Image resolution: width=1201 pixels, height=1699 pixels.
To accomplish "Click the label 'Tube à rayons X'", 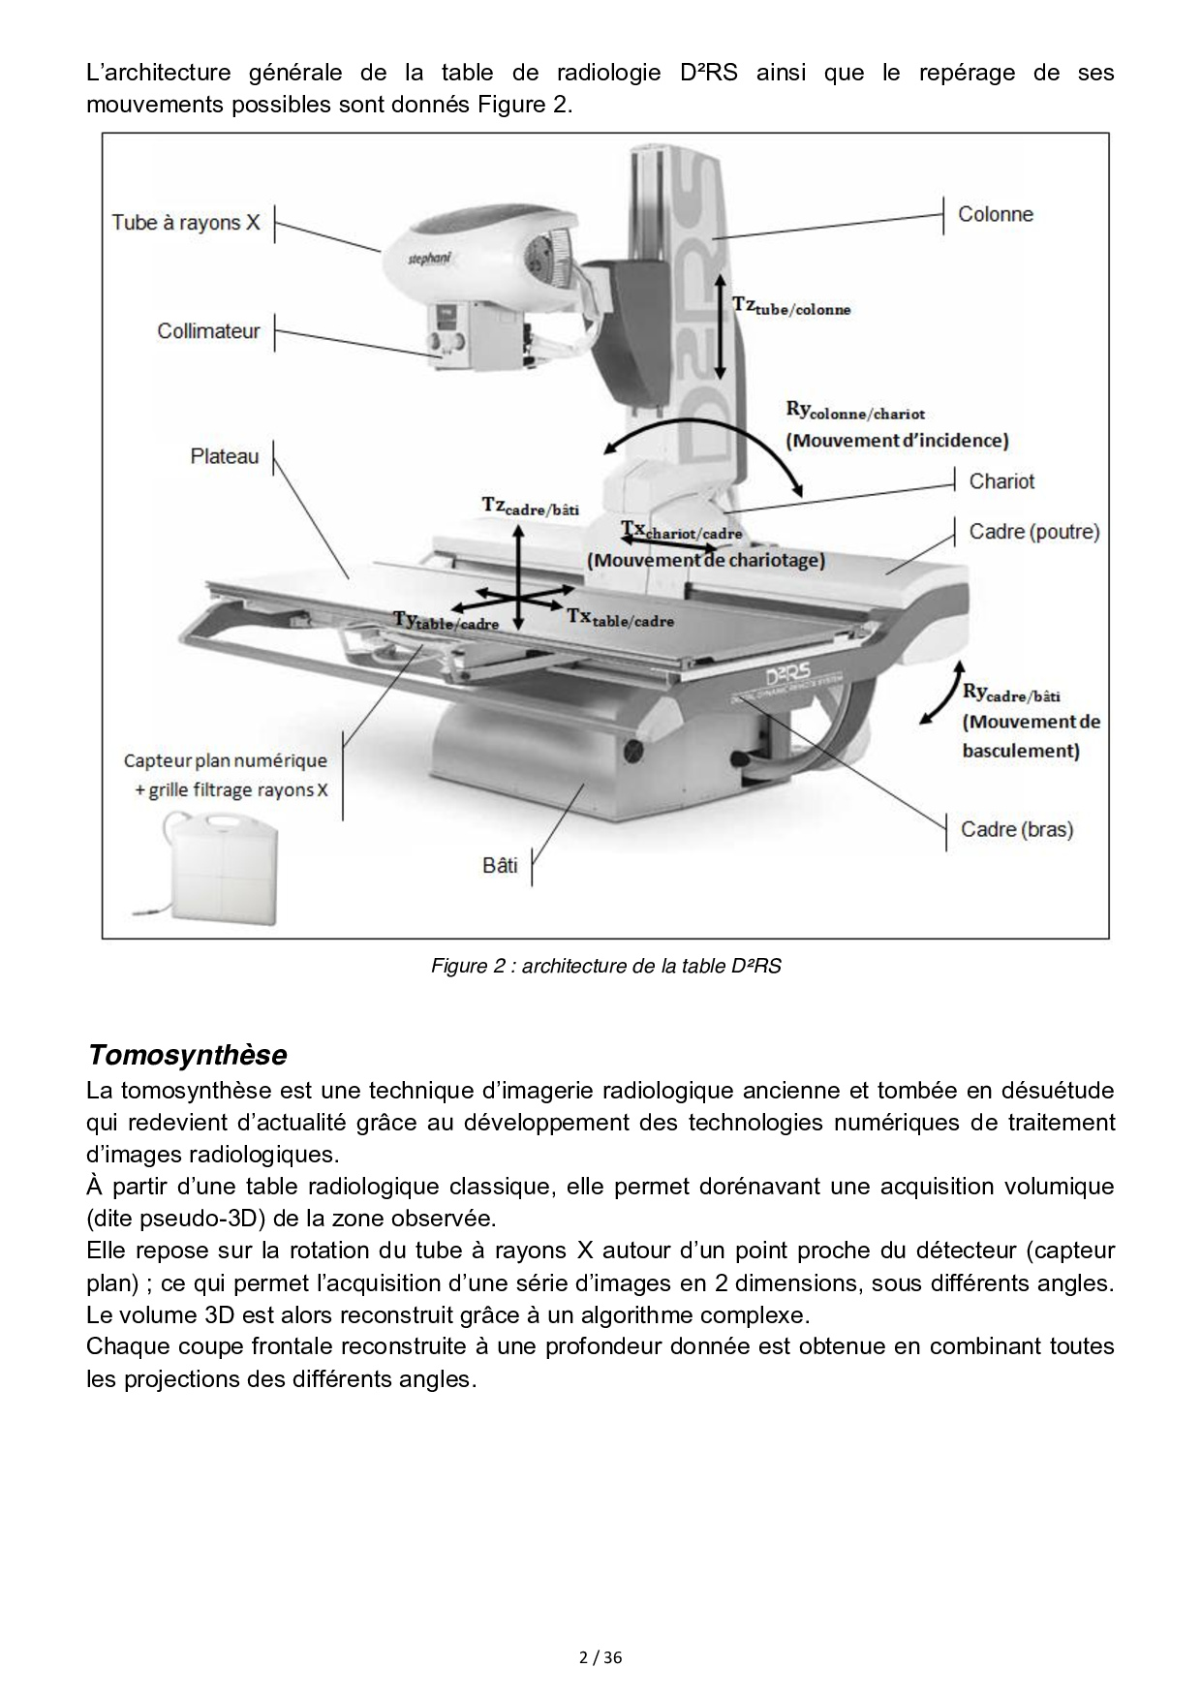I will click(x=186, y=223).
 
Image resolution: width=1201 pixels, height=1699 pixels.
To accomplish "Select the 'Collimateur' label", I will click(x=208, y=331).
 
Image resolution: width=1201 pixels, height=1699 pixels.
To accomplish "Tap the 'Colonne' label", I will click(x=995, y=214).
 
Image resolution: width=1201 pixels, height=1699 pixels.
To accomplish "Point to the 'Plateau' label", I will click(x=225, y=455).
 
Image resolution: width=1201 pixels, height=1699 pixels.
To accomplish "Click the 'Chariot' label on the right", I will click(x=1001, y=481).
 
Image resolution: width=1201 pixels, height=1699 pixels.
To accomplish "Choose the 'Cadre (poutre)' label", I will click(x=1034, y=532).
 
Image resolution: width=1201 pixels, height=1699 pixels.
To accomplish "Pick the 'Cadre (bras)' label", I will click(x=1017, y=829).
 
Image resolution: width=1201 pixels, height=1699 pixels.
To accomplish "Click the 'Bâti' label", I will click(x=500, y=865).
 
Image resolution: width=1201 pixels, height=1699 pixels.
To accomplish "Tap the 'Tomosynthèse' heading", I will click(x=187, y=1054).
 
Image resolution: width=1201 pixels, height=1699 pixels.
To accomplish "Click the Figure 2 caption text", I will click(x=605, y=967).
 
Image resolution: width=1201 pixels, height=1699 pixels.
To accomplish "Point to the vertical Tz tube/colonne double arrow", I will click(x=720, y=325).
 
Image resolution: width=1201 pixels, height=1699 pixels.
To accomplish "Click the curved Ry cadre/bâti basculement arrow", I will click(x=939, y=692).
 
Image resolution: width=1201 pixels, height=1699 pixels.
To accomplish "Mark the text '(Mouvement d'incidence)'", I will click(x=897, y=441).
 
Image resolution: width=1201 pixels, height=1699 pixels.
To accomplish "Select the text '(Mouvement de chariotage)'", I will click(x=706, y=560).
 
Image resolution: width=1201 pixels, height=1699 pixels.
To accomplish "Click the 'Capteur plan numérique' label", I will click(x=226, y=761).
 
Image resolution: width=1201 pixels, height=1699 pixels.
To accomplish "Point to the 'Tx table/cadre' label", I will click(x=621, y=618).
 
